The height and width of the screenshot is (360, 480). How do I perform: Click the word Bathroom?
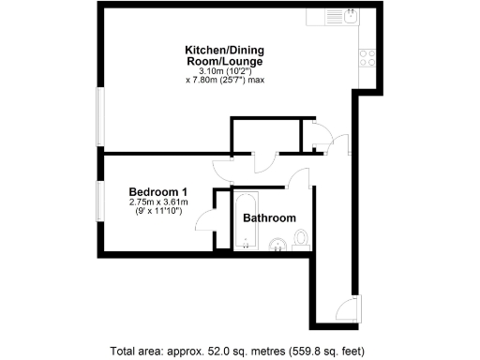[269, 217]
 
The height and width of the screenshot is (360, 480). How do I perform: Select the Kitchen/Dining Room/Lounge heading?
[223, 55]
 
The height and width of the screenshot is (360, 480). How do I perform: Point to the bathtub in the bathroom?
[246, 221]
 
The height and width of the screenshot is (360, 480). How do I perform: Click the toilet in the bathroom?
[300, 245]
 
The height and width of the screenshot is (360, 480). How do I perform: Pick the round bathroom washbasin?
[278, 247]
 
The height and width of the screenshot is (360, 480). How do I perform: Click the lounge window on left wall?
[100, 116]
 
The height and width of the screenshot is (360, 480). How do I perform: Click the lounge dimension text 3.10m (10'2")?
[223, 71]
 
